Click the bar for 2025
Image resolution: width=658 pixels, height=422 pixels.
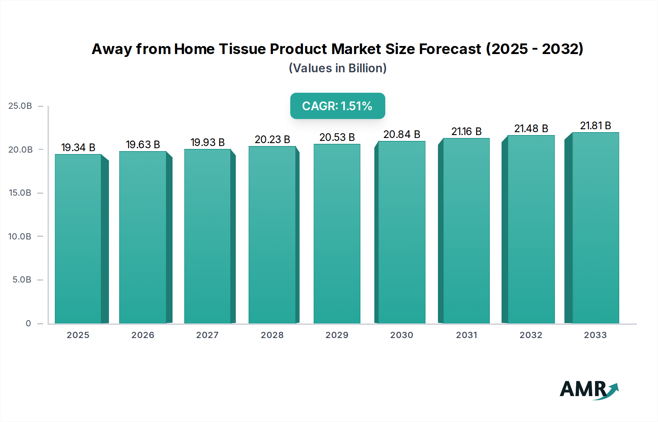coord(78,239)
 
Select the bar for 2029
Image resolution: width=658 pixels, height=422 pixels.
coord(337,234)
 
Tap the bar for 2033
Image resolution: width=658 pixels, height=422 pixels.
coord(595,228)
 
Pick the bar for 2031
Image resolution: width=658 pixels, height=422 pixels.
coord(466,231)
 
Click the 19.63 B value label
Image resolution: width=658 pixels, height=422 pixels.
coord(143,145)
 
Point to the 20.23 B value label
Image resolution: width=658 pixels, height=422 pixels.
coord(272,139)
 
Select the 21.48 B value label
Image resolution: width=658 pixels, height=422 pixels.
coord(531,128)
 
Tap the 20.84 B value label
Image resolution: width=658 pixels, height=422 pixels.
coord(402,134)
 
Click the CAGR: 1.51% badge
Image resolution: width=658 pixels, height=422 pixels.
coord(337,106)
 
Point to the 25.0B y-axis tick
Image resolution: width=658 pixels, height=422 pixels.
coord(20,106)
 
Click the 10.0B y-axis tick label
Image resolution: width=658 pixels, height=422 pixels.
coord(20,237)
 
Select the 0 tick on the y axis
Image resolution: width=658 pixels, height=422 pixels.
coord(28,323)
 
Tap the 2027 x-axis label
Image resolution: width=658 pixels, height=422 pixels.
coord(207,335)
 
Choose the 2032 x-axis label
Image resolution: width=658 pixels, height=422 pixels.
coord(531,335)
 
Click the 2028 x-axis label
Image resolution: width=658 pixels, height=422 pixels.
coord(272,335)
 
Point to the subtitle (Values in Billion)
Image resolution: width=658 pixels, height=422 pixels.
coord(337,68)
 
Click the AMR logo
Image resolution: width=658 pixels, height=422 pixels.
coord(589,390)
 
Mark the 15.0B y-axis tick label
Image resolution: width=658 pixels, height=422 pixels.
coord(20,193)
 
